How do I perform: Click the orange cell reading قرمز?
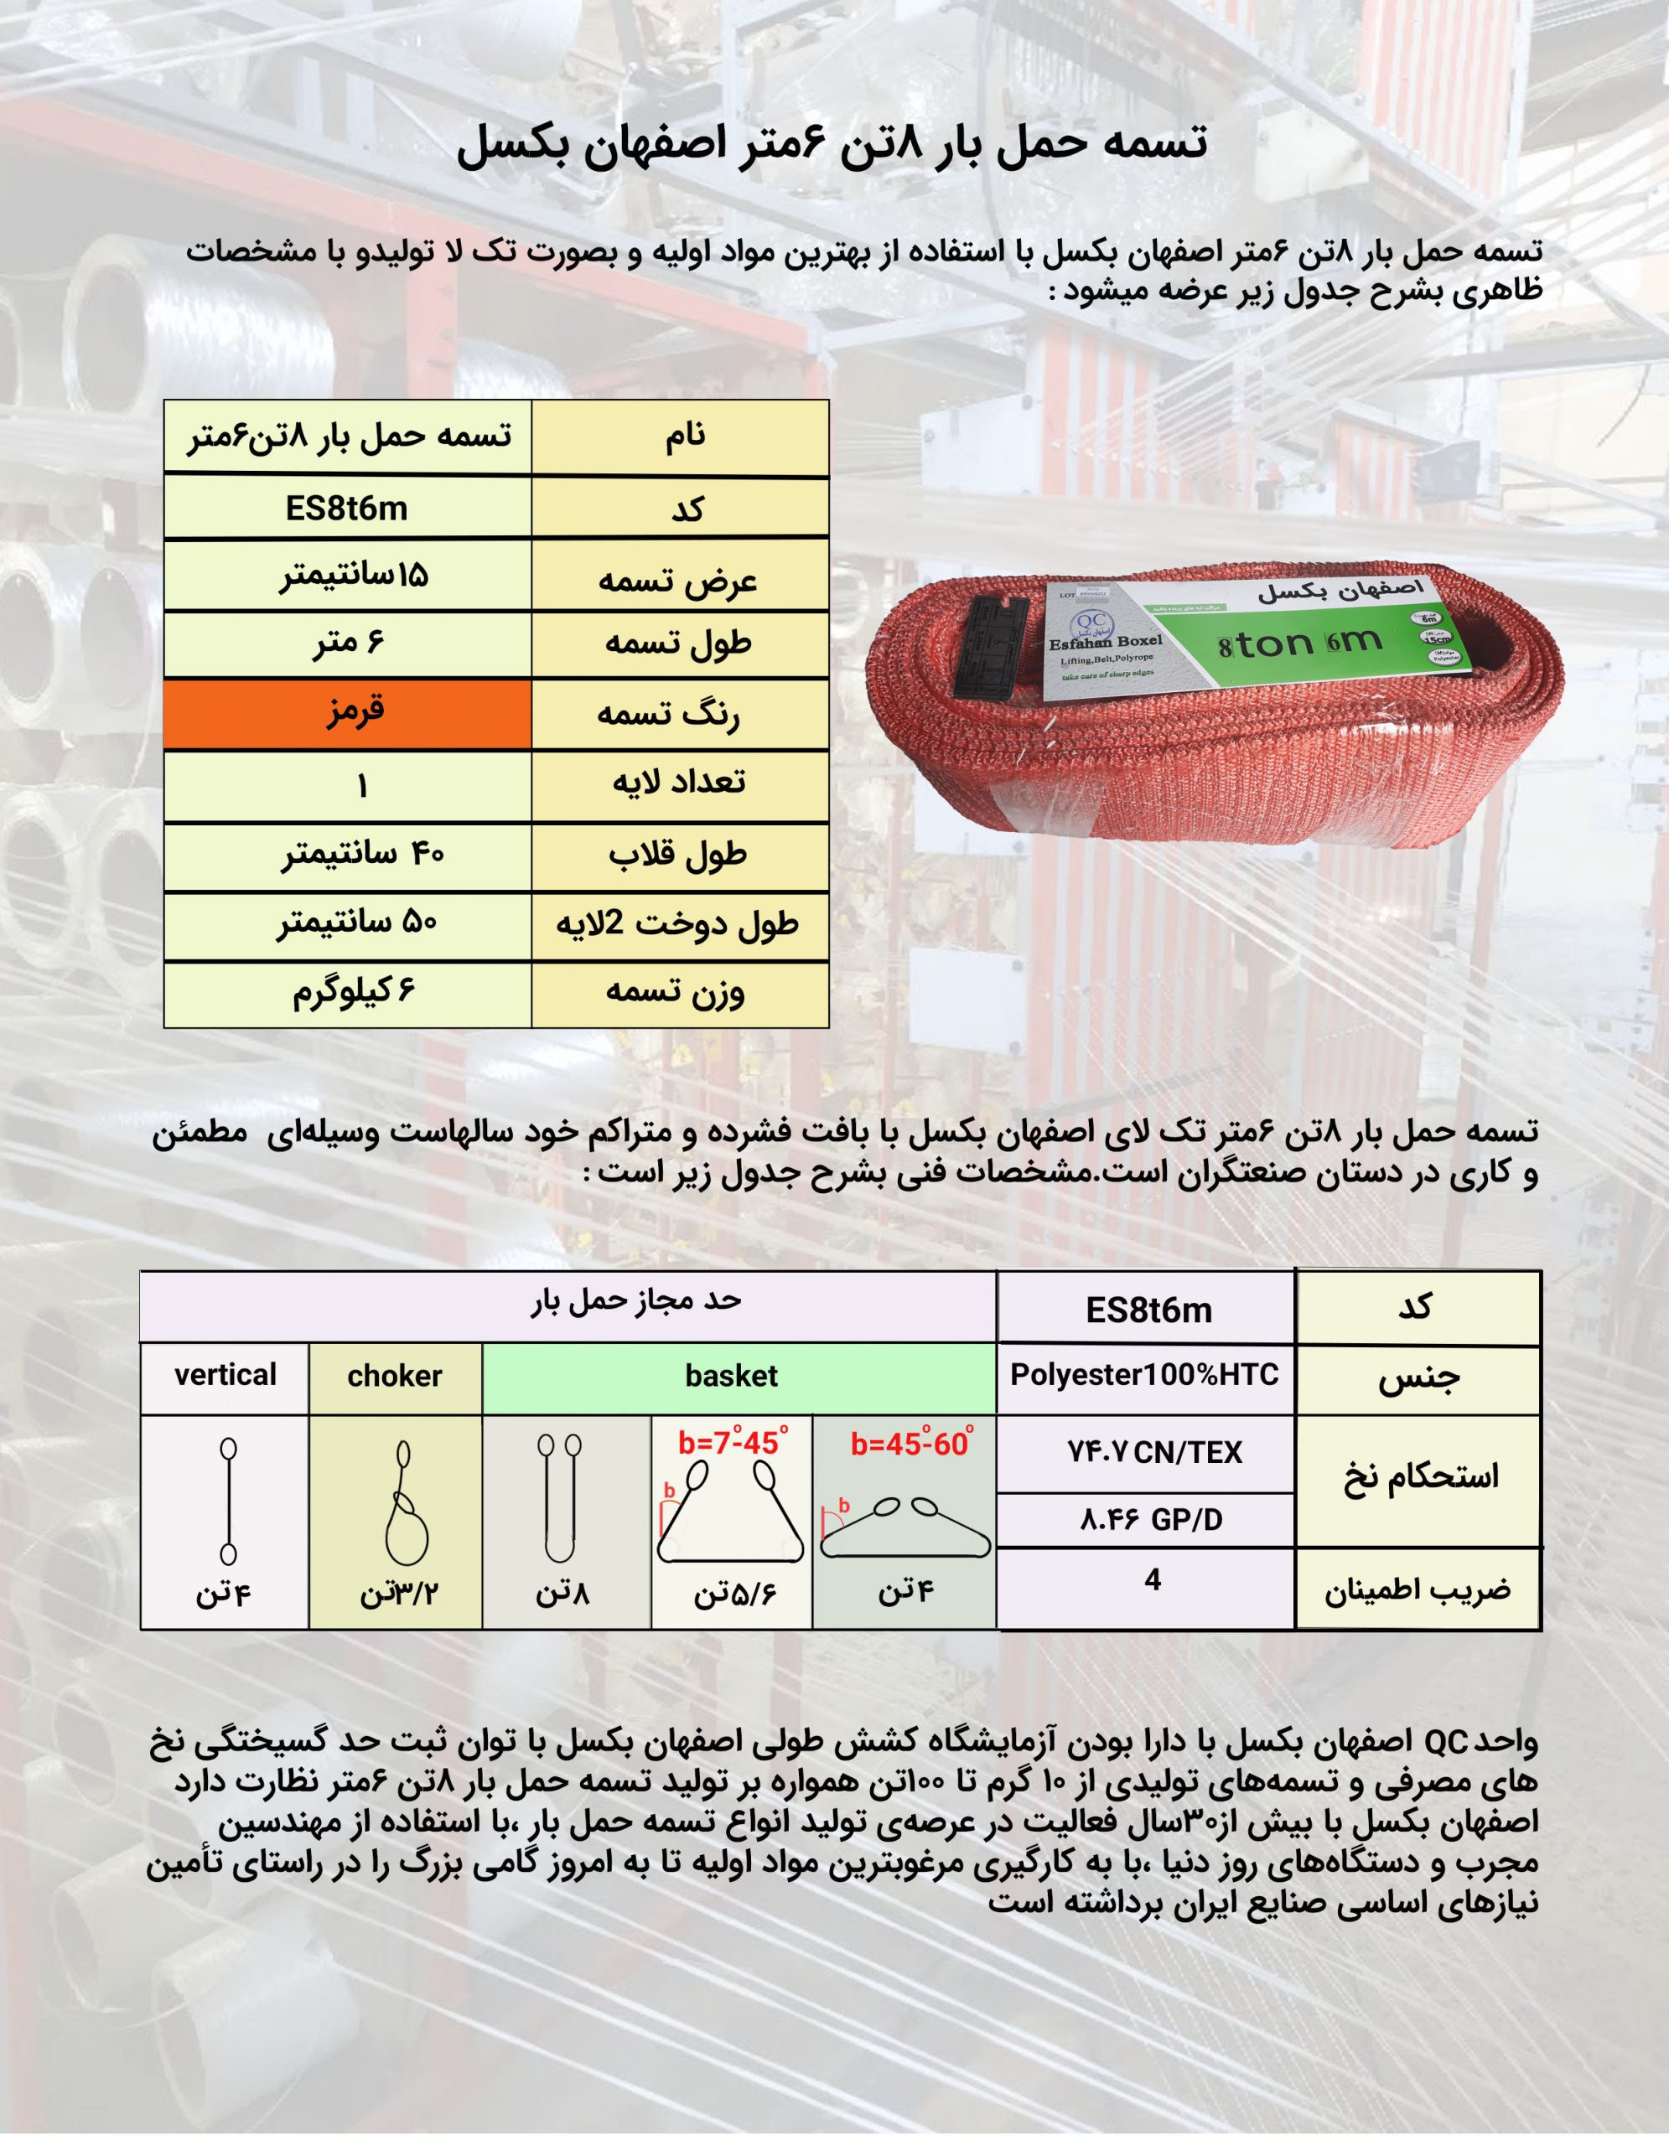pos(348,713)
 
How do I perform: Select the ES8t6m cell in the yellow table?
pos(347,509)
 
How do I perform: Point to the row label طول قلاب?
pos(678,855)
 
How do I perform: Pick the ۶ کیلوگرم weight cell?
pos(354,993)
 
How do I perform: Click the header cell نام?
pos(685,436)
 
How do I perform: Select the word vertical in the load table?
pos(225,1375)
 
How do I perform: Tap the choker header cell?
pos(394,1376)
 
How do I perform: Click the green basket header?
pos(732,1376)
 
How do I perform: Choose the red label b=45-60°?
pos(911,1444)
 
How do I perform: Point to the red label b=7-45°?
pos(732,1443)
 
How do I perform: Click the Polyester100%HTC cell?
pos(1144,1375)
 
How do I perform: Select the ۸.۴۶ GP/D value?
pos(1151,1521)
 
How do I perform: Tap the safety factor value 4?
pos(1153,1580)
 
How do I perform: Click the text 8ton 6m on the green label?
pos(1299,644)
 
